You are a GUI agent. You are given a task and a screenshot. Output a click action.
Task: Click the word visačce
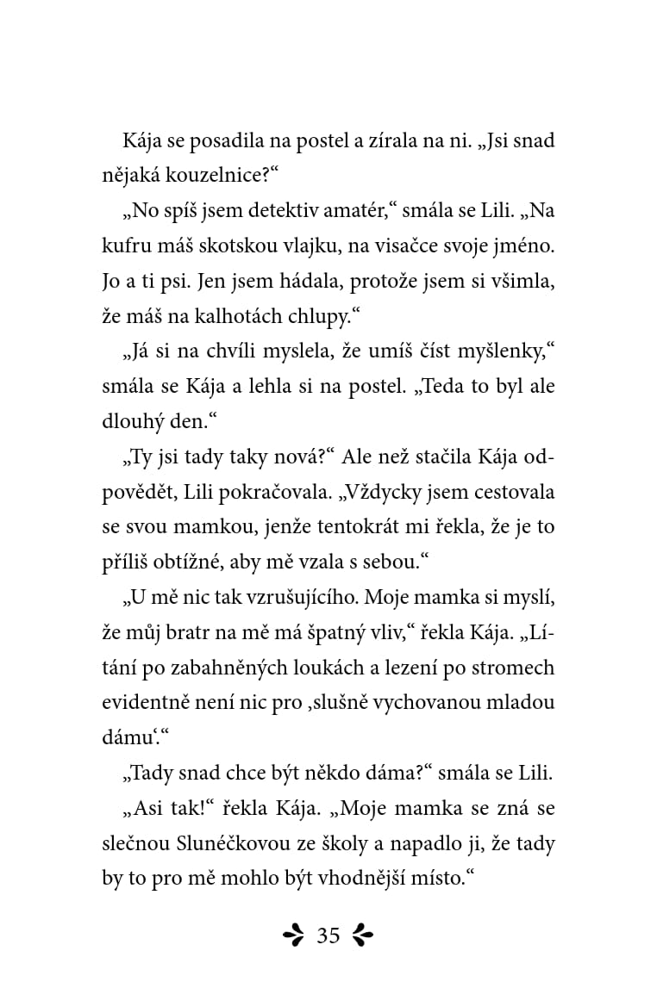coord(422,246)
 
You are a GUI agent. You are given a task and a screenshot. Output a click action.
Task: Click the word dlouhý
coord(135,422)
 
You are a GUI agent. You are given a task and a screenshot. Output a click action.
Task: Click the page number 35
coord(328,936)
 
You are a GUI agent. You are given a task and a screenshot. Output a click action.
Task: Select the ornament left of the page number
coord(295,936)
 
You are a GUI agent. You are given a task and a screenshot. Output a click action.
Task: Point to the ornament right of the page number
coord(363,936)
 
